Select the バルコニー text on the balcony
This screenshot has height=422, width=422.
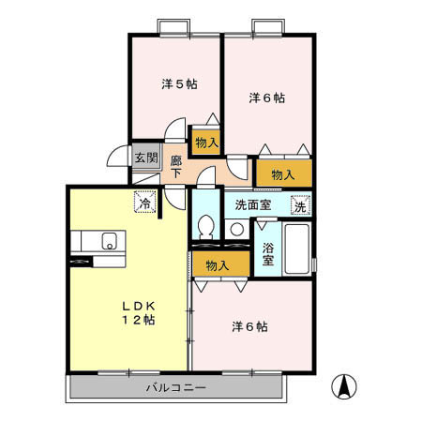[x=175, y=386]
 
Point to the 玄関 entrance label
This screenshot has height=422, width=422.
[x=143, y=157]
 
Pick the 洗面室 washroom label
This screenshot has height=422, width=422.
[x=253, y=204]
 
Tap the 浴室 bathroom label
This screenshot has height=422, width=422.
[x=267, y=254]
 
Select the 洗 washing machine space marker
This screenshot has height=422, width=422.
[x=300, y=204]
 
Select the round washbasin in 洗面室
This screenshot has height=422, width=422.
[x=237, y=229]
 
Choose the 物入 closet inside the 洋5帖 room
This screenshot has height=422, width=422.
[x=206, y=143]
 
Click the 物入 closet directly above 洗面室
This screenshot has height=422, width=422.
[x=282, y=174]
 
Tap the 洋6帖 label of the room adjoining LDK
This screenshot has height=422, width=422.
[x=250, y=327]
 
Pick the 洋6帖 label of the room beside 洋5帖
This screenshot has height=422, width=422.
[x=267, y=98]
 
